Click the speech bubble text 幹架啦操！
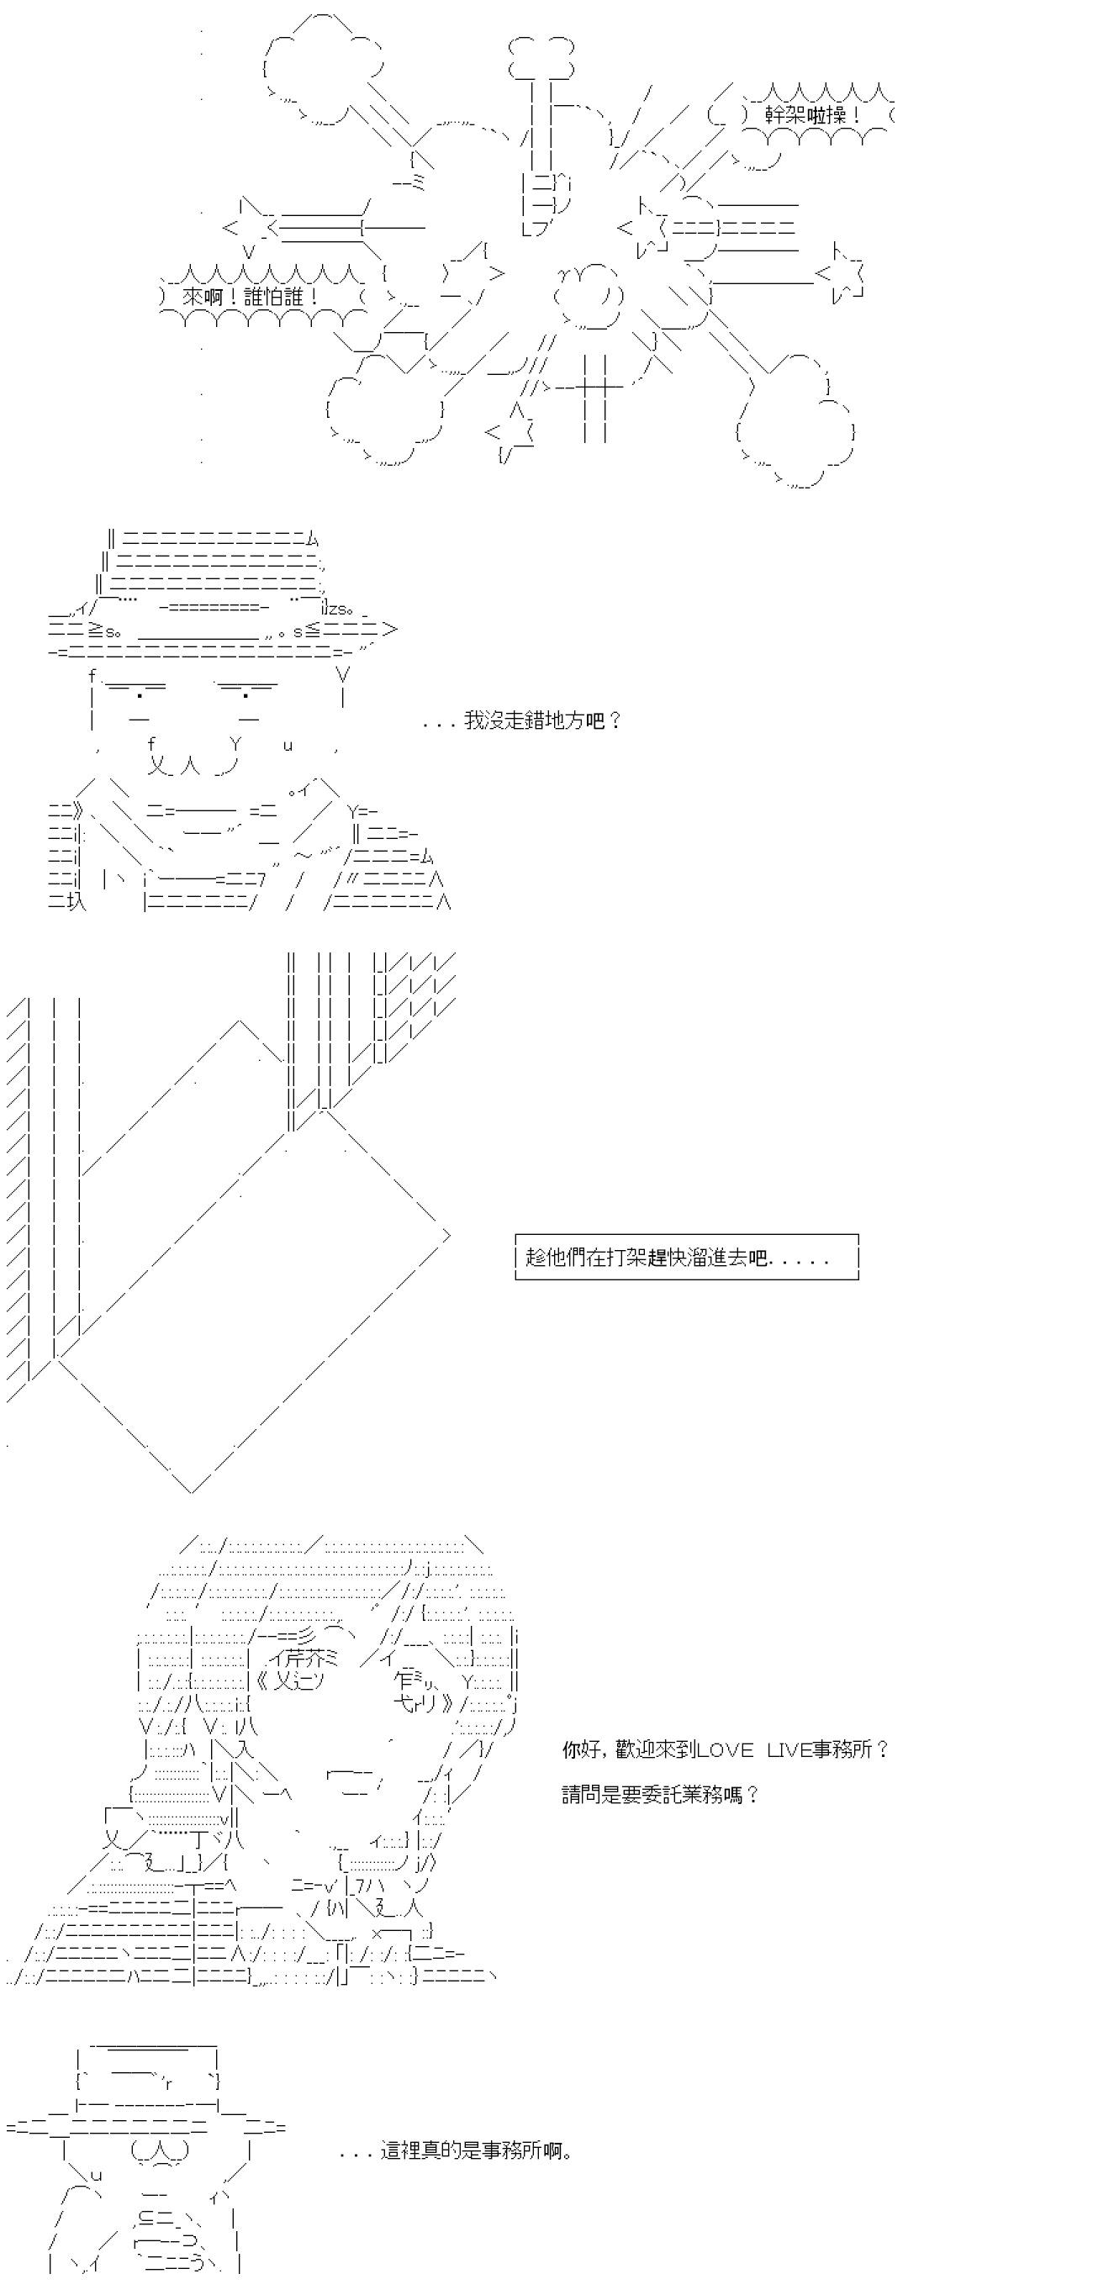[813, 115]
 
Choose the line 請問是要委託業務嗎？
[660, 1794]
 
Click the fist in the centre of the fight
[587, 295]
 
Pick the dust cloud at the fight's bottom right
[795, 419]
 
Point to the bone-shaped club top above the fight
[540, 57]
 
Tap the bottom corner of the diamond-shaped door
[192, 1490]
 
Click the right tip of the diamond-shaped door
[450, 1235]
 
